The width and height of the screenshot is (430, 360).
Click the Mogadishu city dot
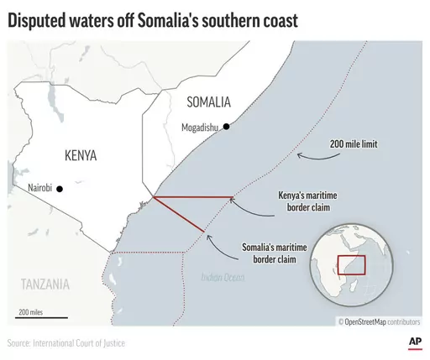[x=225, y=128]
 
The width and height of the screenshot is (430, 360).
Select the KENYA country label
[x=81, y=156]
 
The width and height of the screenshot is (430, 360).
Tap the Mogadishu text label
[x=199, y=128]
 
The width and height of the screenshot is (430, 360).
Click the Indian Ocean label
[x=221, y=277]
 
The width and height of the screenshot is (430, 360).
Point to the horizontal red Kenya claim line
[x=193, y=197]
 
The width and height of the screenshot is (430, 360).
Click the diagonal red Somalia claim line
[x=179, y=215]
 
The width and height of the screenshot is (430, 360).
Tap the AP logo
[x=413, y=342]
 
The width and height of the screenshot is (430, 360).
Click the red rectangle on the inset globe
[x=351, y=264]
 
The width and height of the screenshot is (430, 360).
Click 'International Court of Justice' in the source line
[x=85, y=343]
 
